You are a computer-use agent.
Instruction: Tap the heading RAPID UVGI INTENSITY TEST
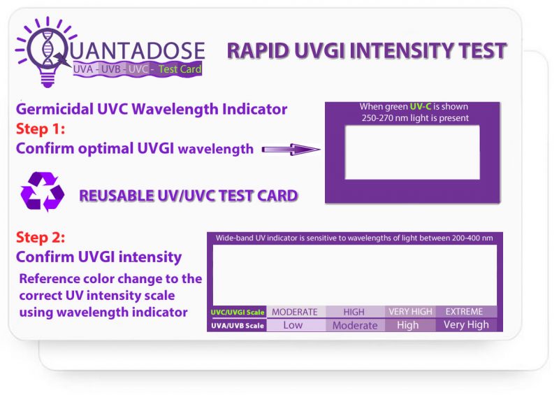[366, 51]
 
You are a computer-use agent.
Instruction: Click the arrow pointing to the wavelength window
[289, 149]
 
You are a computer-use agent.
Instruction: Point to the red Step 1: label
[41, 129]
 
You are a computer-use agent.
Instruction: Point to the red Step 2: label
[41, 238]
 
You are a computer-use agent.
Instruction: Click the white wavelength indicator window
[412, 152]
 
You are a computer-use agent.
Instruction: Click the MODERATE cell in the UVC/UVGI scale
[294, 312]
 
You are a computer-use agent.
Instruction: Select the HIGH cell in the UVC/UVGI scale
[354, 312]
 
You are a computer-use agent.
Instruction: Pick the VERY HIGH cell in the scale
[409, 312]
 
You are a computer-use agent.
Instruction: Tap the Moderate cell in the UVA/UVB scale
[354, 325]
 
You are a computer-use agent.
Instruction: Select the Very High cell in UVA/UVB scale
[466, 325]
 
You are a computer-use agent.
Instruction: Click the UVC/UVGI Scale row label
[238, 313]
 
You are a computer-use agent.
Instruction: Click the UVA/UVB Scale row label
[238, 326]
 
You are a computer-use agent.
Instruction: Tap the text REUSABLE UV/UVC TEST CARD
[189, 195]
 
